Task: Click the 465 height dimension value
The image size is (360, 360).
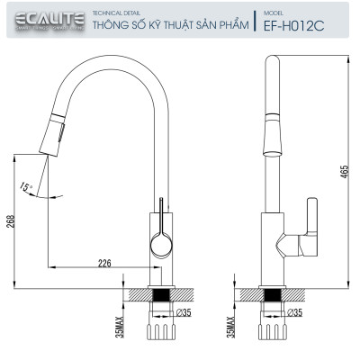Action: (x=344, y=173)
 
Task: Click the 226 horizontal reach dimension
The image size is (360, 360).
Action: (x=104, y=263)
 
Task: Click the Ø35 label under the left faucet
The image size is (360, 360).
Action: (x=185, y=313)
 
